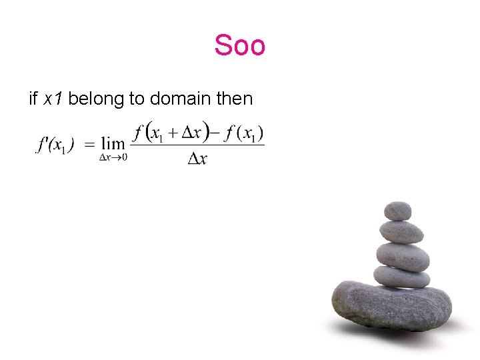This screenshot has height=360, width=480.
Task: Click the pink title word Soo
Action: click(240, 45)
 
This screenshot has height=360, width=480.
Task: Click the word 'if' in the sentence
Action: click(33, 99)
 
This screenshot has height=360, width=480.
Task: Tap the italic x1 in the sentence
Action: click(53, 99)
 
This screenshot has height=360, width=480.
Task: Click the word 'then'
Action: click(235, 99)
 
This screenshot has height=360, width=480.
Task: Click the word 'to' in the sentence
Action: click(137, 99)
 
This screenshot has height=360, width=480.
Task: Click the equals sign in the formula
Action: click(88, 145)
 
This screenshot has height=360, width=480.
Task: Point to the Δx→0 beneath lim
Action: click(113, 157)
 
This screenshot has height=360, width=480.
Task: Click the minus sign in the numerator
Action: click(215, 133)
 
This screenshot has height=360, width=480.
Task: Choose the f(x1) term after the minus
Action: click(244, 133)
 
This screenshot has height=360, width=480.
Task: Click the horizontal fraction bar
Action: click(197, 145)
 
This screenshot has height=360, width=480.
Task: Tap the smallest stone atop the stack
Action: click(397, 211)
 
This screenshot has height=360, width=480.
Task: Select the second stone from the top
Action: click(401, 231)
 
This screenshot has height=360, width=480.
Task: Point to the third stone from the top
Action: click(403, 256)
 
